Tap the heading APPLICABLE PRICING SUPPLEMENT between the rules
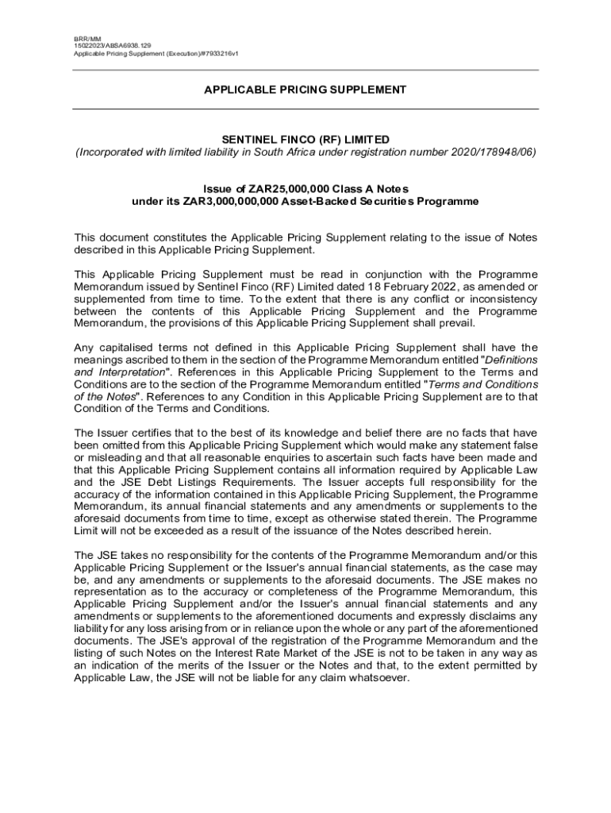point(305,90)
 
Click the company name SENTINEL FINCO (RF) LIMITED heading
point(305,139)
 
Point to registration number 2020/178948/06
point(485,152)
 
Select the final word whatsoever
point(379,677)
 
